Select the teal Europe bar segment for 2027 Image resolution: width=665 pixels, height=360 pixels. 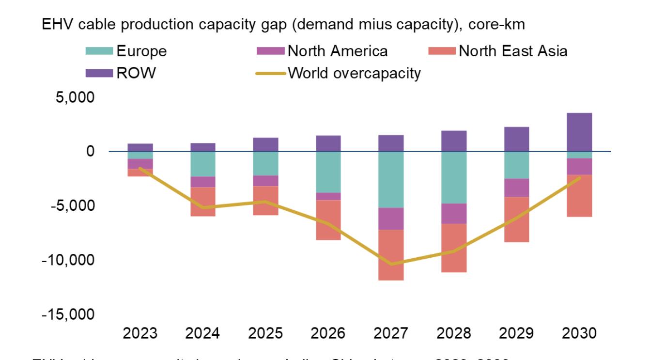pos(391,179)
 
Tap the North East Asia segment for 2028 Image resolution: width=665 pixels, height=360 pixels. pos(453,248)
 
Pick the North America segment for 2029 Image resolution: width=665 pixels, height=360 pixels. pos(516,188)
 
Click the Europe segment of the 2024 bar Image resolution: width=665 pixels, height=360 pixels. pos(203,164)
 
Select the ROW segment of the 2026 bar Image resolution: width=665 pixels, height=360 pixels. pos(328,143)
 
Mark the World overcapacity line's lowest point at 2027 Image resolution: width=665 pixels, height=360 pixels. pos(391,264)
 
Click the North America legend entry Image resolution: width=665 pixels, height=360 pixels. pos(337,51)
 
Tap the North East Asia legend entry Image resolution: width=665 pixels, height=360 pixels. pos(512,51)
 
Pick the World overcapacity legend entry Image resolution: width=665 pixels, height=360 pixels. pos(354,74)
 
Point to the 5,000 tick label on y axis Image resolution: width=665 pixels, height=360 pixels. pos(75,97)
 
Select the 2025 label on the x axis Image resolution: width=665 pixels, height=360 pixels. pos(265,333)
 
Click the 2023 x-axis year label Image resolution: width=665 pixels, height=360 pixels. pos(140,333)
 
